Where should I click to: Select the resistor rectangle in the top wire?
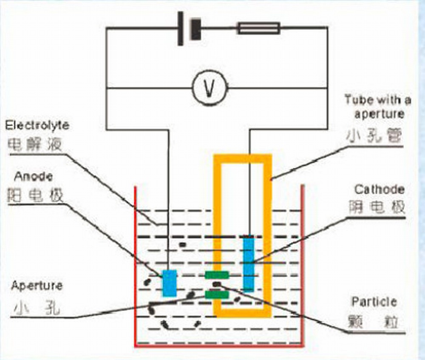(x=258, y=28)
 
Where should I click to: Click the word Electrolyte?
(x=37, y=126)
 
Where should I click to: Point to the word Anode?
(x=34, y=176)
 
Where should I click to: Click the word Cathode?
(x=380, y=189)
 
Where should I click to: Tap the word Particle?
(x=374, y=302)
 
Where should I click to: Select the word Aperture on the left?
(x=37, y=285)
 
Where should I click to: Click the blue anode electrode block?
(x=170, y=283)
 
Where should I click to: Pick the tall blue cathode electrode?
(x=248, y=262)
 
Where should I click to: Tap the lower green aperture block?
(x=217, y=294)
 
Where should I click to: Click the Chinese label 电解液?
(x=35, y=144)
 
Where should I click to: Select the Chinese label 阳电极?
(x=35, y=196)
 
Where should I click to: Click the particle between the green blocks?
(x=217, y=284)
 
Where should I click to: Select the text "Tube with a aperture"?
(x=378, y=107)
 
